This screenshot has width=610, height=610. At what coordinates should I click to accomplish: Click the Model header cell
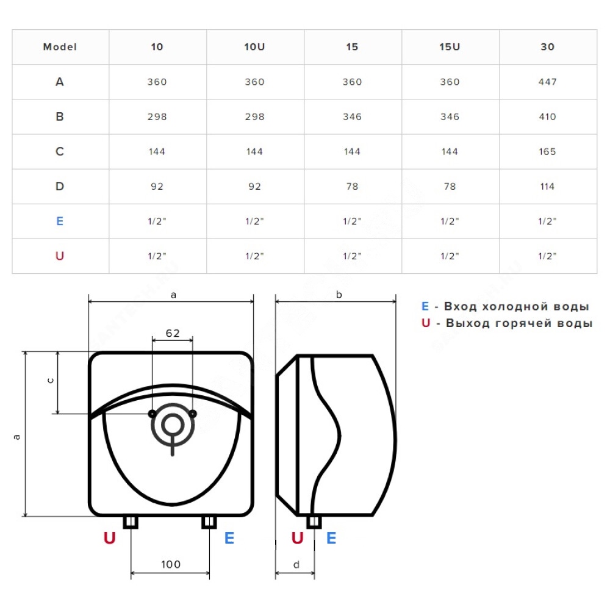click(x=60, y=47)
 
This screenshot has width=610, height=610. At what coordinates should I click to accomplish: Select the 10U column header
click(x=254, y=47)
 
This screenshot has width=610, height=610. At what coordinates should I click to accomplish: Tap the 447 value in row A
click(x=547, y=82)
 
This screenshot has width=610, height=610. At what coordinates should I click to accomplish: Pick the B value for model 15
click(x=352, y=117)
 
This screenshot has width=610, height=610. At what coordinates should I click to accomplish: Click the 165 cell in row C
click(x=547, y=152)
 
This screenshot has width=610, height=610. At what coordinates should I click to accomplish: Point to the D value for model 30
click(x=547, y=187)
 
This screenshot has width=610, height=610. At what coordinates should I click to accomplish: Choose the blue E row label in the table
click(x=60, y=221)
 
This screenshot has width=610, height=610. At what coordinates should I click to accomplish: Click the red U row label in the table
click(x=60, y=256)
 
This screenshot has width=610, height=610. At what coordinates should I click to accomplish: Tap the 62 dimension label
click(x=173, y=333)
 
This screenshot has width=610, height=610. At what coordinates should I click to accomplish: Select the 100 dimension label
click(x=171, y=564)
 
